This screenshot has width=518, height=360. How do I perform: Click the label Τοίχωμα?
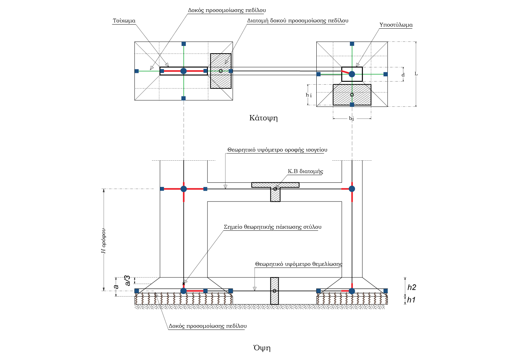point(124,21)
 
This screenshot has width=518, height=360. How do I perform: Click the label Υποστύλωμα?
point(396,25)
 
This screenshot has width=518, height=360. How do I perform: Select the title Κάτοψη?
point(263,118)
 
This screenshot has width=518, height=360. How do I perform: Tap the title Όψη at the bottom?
point(262,348)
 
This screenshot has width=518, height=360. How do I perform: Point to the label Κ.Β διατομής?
point(305,171)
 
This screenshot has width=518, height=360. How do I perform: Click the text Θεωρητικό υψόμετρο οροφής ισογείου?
point(277,150)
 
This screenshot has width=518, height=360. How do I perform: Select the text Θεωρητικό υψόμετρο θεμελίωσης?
point(299,264)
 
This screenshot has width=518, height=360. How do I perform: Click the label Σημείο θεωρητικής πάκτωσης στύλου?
point(272,227)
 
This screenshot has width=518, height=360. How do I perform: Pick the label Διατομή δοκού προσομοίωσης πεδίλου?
point(298,21)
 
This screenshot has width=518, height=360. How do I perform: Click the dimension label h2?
point(412,287)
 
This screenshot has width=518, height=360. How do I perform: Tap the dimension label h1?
point(411,300)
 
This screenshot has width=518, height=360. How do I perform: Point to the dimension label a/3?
point(127,281)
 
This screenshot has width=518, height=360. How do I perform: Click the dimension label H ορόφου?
point(104,241)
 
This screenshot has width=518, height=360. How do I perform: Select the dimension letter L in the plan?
point(416,74)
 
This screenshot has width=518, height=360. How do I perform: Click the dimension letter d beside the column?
point(403,75)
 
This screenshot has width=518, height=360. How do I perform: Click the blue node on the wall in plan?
point(183,71)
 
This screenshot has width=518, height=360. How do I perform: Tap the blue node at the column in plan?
point(352,74)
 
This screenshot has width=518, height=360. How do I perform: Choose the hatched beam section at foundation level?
point(275,291)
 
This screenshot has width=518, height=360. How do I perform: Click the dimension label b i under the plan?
point(351,119)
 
